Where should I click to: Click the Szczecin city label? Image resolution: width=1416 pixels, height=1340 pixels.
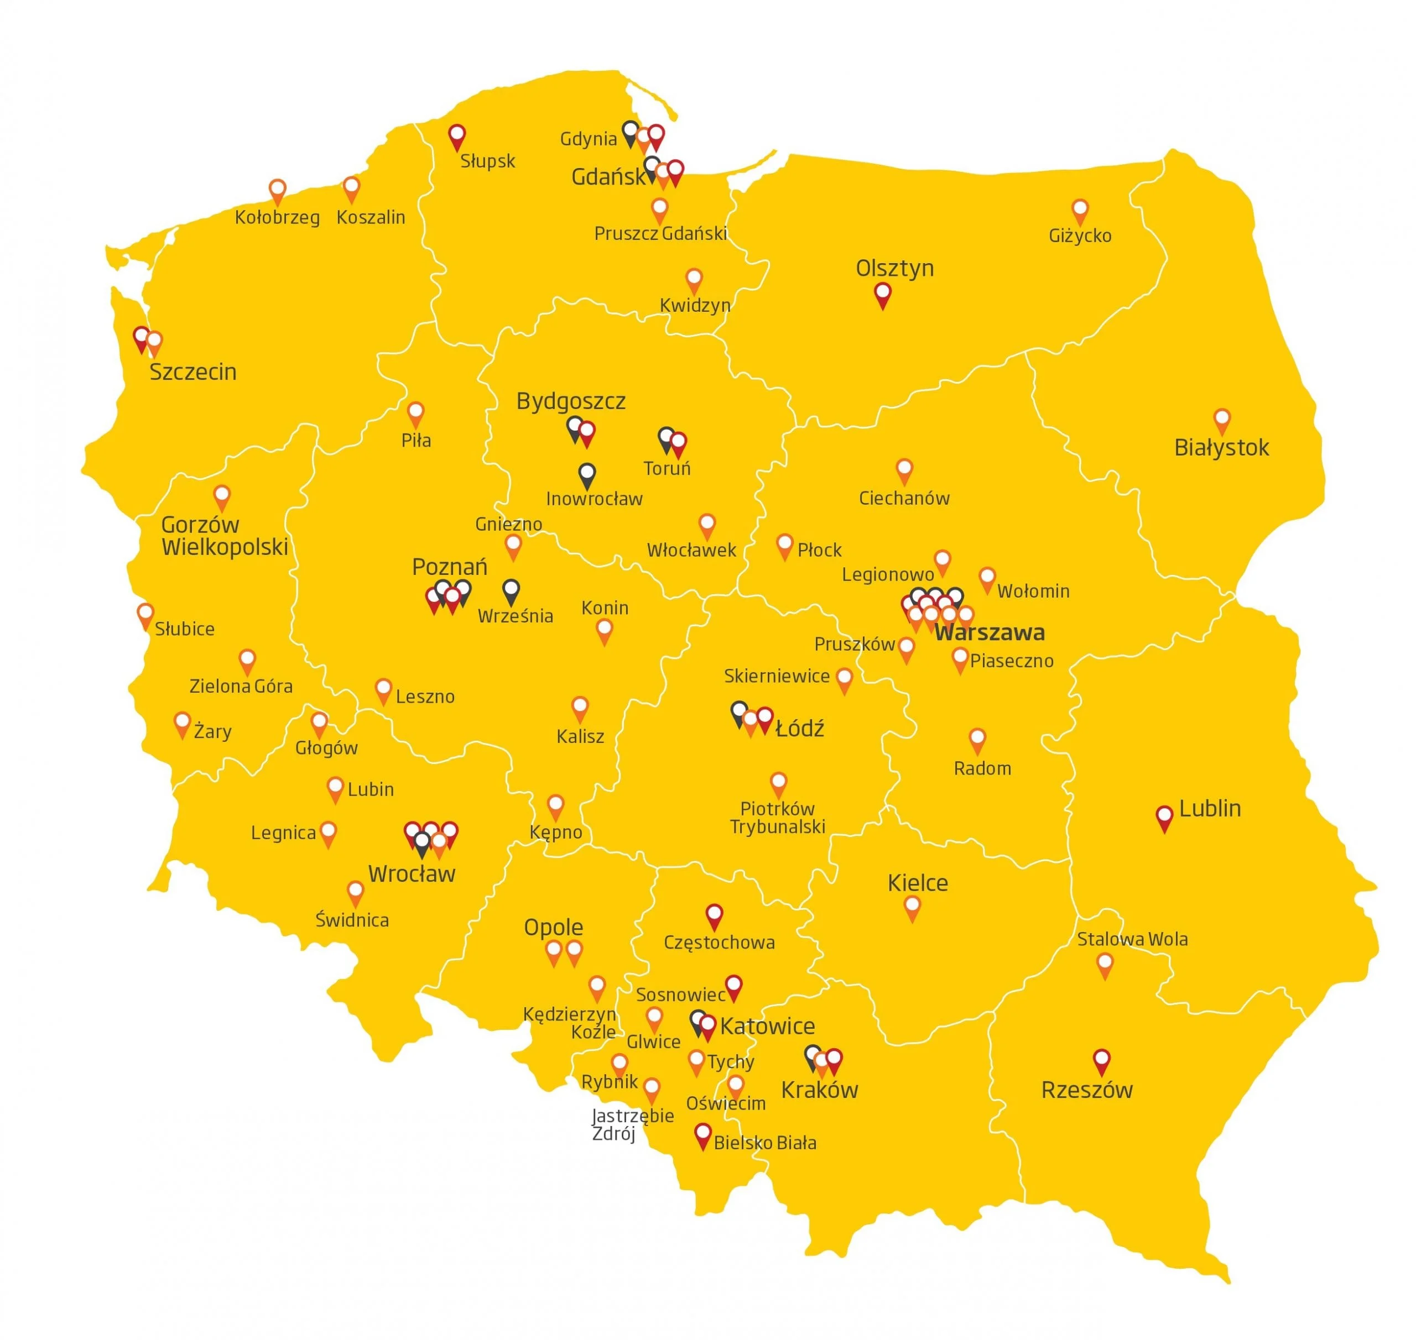point(192,372)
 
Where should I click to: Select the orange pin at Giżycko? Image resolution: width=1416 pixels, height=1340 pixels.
point(1079,211)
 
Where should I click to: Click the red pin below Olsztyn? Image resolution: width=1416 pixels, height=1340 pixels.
point(883,294)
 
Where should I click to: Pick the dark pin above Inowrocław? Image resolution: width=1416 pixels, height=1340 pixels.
point(587,474)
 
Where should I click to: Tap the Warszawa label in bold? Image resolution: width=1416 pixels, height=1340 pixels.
point(990,632)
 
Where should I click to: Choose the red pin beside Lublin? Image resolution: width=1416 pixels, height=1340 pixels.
point(1164,817)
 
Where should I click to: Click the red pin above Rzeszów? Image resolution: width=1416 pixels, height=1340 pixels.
point(1101,1060)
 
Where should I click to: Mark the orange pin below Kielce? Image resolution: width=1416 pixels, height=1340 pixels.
point(912,907)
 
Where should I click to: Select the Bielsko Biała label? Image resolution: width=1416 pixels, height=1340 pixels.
point(765,1143)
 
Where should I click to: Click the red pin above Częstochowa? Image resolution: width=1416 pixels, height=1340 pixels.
point(714,915)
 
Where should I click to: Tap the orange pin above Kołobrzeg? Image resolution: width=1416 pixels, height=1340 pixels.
point(277,191)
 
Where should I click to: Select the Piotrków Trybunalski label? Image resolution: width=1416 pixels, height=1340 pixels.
point(777,818)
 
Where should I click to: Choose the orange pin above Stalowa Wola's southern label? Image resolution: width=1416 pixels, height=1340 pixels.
point(1105,964)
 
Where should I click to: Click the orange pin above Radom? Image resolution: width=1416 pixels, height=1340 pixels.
point(977,739)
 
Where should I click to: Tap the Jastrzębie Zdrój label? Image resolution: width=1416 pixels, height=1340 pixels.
point(632,1124)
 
